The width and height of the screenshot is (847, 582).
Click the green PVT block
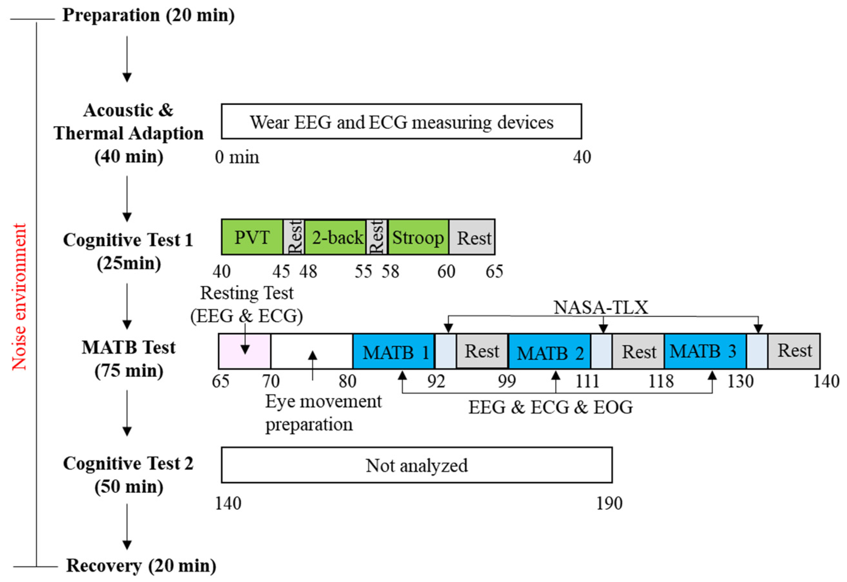252,237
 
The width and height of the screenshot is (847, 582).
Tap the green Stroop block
418,237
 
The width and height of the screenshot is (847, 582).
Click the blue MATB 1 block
394,352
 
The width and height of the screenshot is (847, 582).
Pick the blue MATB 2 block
549,352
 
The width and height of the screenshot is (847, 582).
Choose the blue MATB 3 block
705,352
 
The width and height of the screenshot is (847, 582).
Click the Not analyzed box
416,465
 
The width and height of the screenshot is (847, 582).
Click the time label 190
609,503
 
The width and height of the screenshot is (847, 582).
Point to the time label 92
436,382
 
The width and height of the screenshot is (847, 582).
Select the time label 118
661,382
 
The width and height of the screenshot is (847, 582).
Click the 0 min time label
237,157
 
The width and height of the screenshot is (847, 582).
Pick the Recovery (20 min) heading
141,566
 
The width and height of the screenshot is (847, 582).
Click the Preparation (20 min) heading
148,15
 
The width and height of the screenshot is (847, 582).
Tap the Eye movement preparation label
323,413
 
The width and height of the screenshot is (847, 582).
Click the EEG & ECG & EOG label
550,407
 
